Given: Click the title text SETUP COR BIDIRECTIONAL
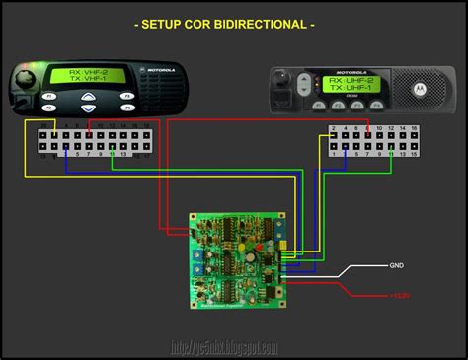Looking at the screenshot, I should tap(234, 23).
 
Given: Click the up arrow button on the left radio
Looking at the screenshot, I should tap(89, 96).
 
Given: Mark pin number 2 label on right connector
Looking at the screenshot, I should tap(335, 129).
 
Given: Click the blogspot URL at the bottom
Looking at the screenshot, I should tap(224, 347).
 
